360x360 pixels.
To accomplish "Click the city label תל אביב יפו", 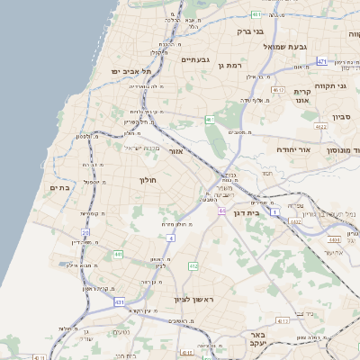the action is tap(130, 70).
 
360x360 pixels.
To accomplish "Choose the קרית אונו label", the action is tap(302, 96).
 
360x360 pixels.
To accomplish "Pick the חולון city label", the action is tap(148, 180).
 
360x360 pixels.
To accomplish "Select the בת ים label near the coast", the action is tap(59, 187).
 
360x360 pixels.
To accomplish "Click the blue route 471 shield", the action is tap(321, 62).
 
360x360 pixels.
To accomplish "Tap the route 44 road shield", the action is tap(220, 211).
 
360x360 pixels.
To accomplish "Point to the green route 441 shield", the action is tap(118, 255).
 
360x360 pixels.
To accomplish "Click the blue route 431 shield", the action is tap(120, 302).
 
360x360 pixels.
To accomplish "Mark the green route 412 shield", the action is tap(193, 266).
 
